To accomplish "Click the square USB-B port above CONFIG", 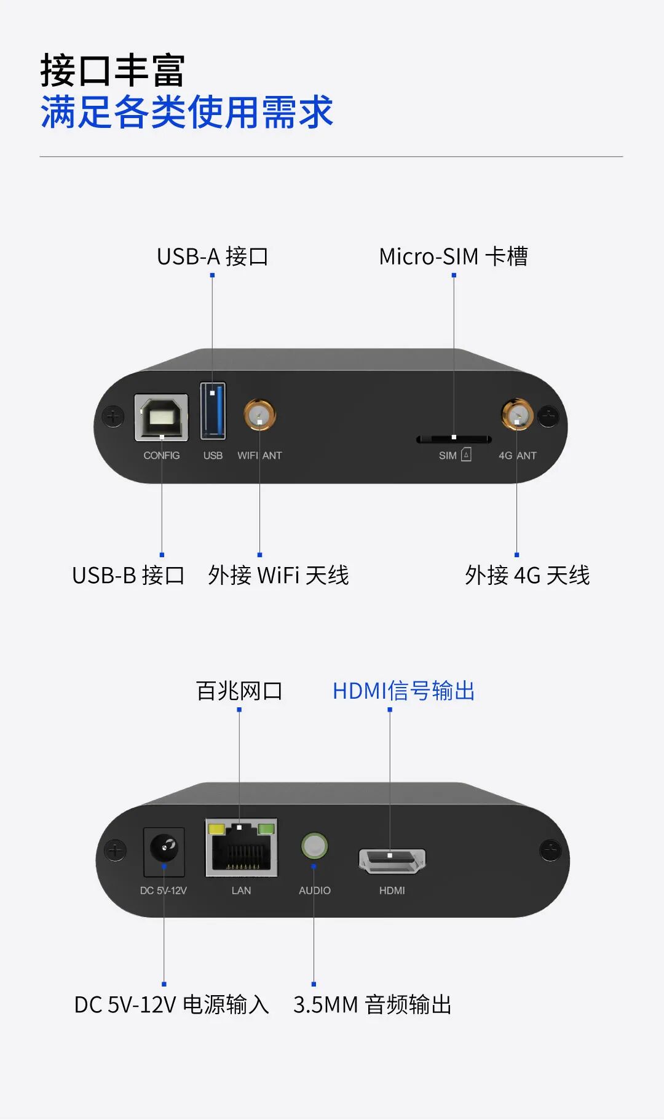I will (x=161, y=418).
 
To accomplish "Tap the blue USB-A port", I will (x=213, y=410).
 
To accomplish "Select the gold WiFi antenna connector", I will (x=259, y=415).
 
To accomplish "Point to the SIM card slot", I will (x=454, y=439).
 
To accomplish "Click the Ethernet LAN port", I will (x=241, y=848).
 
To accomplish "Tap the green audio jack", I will (x=314, y=846).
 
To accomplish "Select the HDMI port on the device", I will (x=392, y=860).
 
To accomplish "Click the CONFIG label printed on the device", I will (x=162, y=456).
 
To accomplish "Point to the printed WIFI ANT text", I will (x=259, y=456).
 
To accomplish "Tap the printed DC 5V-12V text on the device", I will (x=163, y=891).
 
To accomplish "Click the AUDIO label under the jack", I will (x=315, y=891).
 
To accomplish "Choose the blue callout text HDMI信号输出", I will (x=403, y=691).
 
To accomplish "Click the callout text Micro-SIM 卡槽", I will (x=453, y=256).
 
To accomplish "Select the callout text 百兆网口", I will (x=239, y=691).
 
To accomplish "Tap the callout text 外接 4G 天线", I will (x=527, y=576).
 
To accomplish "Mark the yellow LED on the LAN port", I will (x=216, y=828).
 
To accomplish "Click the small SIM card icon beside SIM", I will (x=467, y=455).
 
